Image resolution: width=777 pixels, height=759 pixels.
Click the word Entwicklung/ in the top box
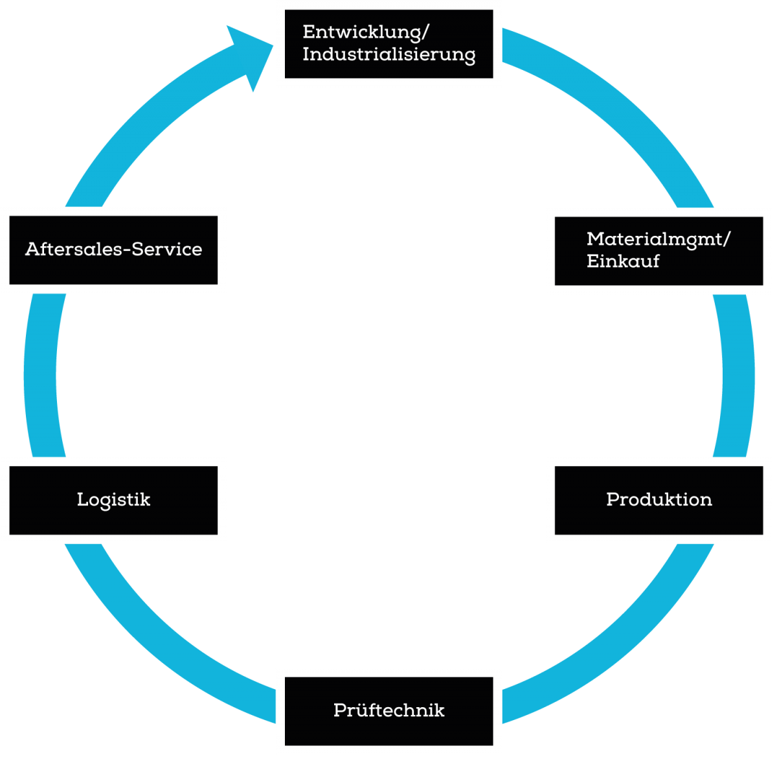[x=366, y=32]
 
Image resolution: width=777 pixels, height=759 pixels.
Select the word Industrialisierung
[x=388, y=54]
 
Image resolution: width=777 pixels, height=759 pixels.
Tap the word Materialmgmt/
[x=658, y=239]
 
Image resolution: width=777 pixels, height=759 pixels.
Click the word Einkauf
[x=623, y=261]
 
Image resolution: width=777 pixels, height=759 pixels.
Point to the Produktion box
[x=659, y=500]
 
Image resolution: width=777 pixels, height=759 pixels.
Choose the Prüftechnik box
[x=388, y=710]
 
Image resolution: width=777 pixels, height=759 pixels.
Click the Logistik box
[x=113, y=500]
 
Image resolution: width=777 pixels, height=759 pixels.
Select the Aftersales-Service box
[x=113, y=250]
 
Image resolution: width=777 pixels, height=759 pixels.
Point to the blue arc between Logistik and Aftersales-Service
[x=40, y=376]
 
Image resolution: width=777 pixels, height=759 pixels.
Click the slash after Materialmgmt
[x=726, y=239]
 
